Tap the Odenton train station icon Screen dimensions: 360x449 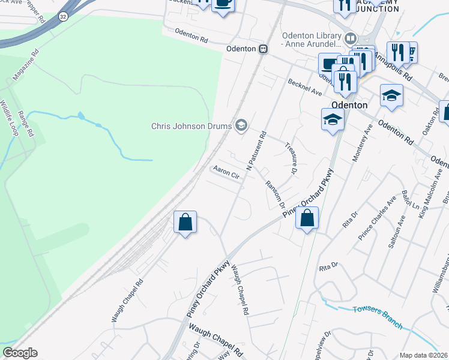(x=263, y=49)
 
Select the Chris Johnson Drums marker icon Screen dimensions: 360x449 (x=241, y=125)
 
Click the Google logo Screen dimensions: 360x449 (x=20, y=353)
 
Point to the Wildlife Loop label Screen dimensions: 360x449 (x=10, y=118)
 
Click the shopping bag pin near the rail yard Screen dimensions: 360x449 (x=185, y=223)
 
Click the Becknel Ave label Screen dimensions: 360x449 (x=305, y=87)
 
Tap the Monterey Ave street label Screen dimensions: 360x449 (x=367, y=142)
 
